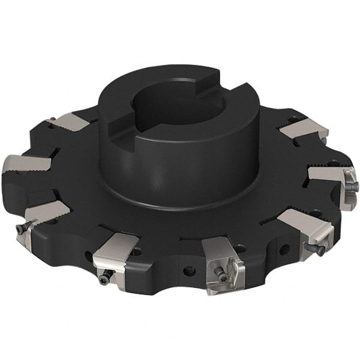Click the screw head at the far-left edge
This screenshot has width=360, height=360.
click(22, 228)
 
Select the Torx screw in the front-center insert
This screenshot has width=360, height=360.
click(223, 275)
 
